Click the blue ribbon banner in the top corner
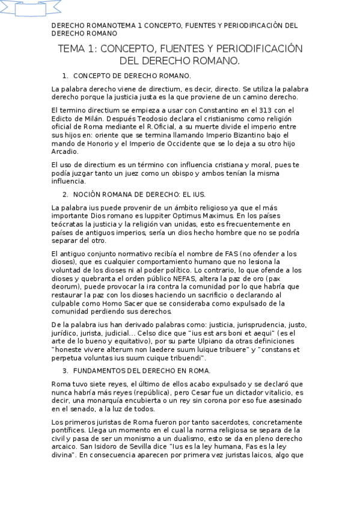[31, 8]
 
